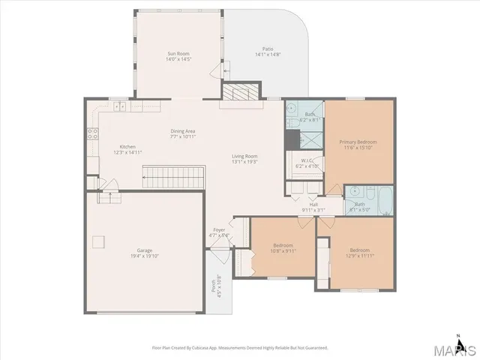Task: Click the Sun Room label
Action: pyautogui.click(x=179, y=54)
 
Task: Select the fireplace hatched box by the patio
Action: pyautogui.click(x=238, y=92)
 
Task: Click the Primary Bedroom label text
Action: pyautogui.click(x=358, y=141)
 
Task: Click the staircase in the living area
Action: pyautogui.click(x=173, y=178)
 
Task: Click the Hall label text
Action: pyautogui.click(x=313, y=204)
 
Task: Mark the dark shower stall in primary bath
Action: pyautogui.click(x=292, y=140)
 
